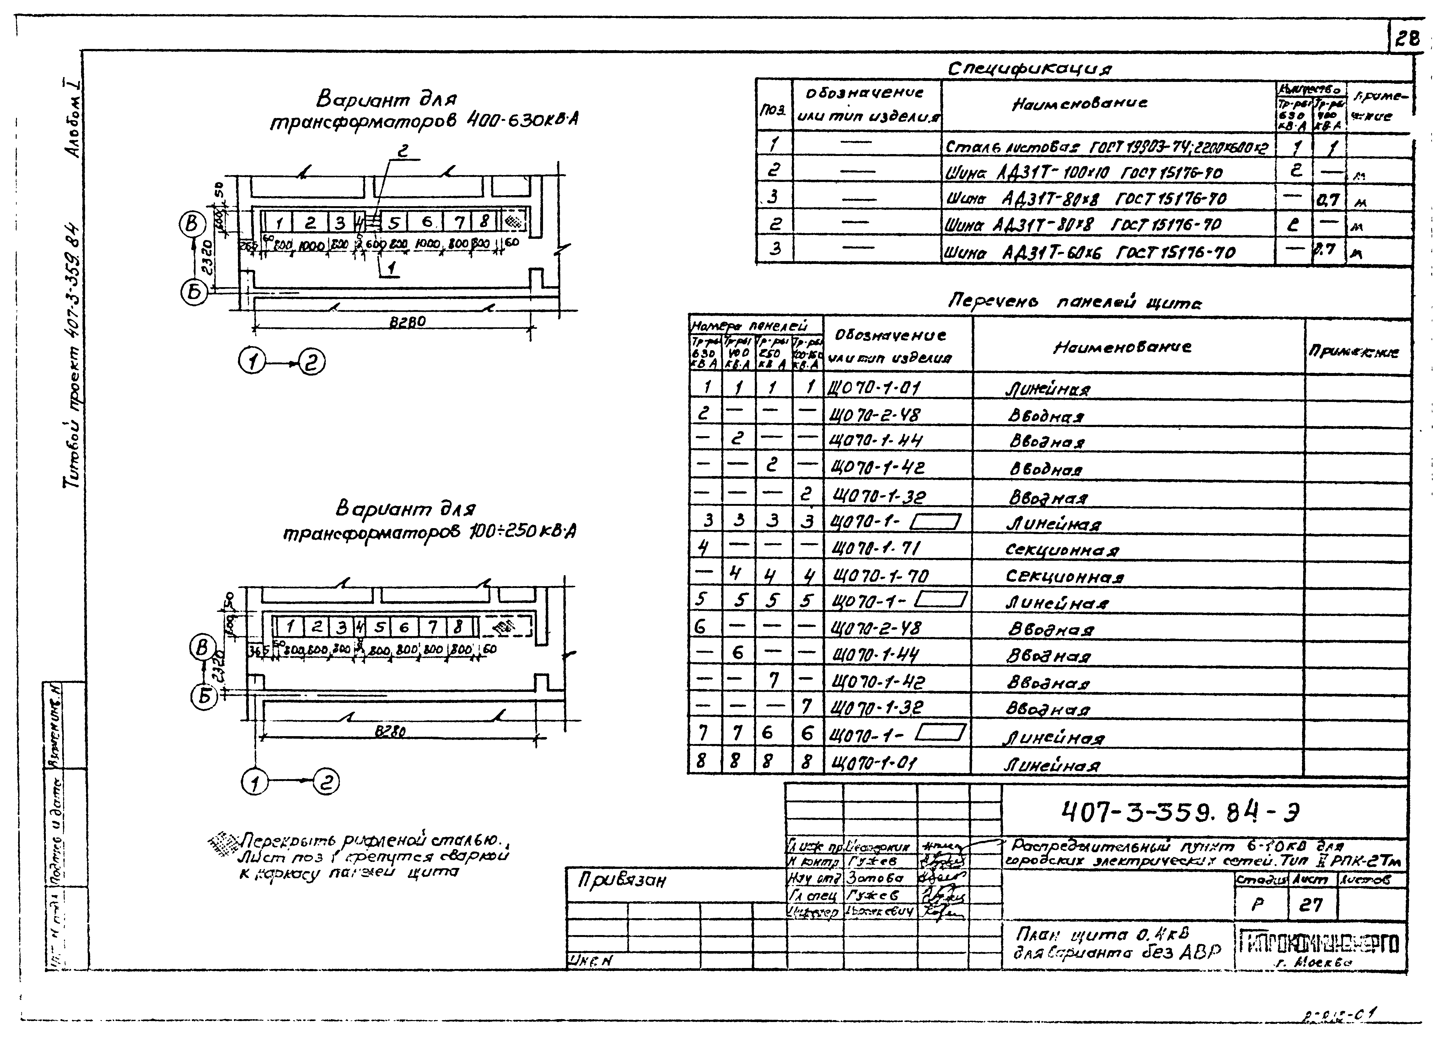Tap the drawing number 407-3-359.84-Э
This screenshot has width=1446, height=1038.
tap(1180, 811)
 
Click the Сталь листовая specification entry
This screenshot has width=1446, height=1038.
tap(1106, 147)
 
